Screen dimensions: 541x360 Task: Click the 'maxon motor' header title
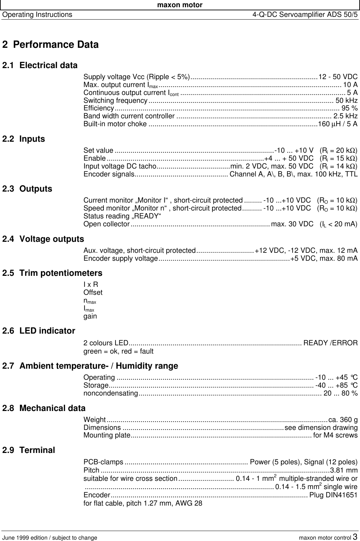(x=180, y=5)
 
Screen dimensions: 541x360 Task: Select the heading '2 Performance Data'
(x=50, y=45)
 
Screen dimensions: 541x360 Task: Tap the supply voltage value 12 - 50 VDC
(x=338, y=76)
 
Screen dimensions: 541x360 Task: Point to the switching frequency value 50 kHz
(x=346, y=100)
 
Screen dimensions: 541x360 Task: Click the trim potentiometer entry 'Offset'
(x=93, y=293)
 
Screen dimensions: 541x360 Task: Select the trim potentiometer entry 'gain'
(x=90, y=316)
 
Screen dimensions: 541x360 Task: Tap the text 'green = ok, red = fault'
(x=118, y=351)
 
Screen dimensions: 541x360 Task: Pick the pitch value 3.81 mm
(x=343, y=470)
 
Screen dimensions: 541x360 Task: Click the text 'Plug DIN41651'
(x=334, y=495)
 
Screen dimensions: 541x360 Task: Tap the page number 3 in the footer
(x=355, y=537)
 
